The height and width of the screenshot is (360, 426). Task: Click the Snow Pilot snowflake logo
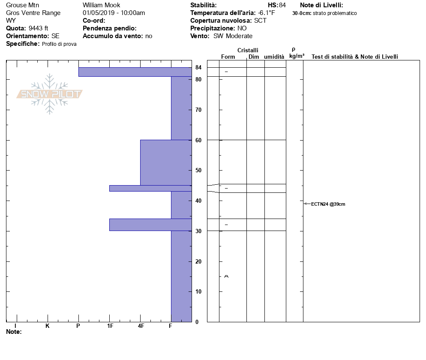[x=50, y=94]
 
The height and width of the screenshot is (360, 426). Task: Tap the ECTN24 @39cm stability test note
[x=328, y=204]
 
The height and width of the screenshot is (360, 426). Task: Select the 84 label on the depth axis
[x=198, y=68]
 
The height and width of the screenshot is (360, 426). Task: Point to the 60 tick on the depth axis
[x=198, y=140]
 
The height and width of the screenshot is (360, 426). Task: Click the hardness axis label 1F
[x=110, y=326]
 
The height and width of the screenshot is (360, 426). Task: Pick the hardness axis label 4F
[x=141, y=326]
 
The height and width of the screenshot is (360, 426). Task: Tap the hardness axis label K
[x=48, y=326]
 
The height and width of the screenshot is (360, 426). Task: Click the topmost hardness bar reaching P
[x=135, y=72]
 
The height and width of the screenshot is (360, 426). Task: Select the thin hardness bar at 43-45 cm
[x=150, y=188]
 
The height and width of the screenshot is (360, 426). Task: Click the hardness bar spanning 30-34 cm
[x=150, y=225]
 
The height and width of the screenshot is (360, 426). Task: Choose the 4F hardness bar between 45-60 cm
[x=165, y=162]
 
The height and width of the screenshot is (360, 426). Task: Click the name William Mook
[x=101, y=5]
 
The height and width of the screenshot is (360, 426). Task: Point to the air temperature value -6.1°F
[x=267, y=13]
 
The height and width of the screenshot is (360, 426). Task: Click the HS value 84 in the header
[x=282, y=5]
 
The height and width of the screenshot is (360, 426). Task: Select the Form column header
[x=228, y=57]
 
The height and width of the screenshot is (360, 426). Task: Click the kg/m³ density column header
[x=297, y=56]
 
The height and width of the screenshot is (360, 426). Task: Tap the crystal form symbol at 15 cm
[x=226, y=276]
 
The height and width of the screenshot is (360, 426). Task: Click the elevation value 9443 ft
[x=39, y=28]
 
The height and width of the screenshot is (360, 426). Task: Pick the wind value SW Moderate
[x=233, y=36]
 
